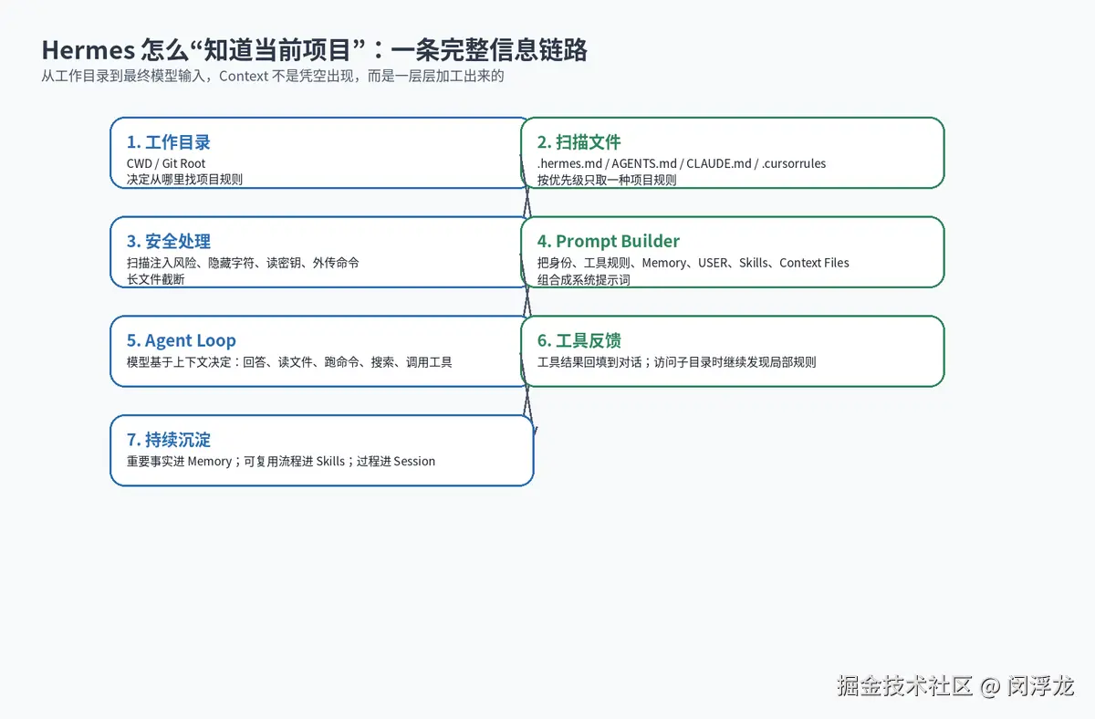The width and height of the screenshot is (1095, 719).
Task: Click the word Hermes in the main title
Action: click(88, 50)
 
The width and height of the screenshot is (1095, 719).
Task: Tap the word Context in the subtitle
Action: click(244, 77)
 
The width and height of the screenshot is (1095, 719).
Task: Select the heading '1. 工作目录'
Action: click(168, 142)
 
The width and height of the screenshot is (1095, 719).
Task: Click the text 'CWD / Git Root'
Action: click(166, 163)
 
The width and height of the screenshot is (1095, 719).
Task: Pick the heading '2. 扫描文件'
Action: click(579, 142)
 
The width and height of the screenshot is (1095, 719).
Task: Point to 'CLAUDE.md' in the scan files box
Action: click(719, 163)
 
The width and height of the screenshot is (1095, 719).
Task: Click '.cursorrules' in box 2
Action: click(793, 163)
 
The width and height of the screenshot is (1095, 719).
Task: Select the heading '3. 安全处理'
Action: click(168, 242)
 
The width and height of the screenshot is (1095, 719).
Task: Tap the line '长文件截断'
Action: click(155, 279)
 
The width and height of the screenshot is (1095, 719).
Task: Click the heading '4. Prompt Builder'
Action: click(608, 242)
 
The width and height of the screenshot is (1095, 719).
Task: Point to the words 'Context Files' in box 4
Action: click(814, 263)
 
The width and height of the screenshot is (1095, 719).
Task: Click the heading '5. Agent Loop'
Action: click(181, 340)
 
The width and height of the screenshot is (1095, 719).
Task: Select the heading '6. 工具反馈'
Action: click(579, 340)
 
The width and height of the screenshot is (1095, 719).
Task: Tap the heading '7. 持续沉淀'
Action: click(168, 440)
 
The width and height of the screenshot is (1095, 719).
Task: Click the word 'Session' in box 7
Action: click(414, 462)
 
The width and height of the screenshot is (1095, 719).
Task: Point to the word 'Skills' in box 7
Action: click(330, 462)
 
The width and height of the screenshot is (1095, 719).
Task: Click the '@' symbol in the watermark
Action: click(989, 687)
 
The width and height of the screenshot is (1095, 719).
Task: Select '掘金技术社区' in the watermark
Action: click(905, 686)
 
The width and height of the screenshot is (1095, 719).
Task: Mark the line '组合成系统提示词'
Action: click(584, 280)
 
